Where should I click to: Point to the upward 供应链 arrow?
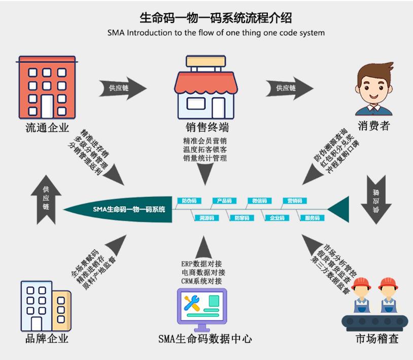(x=46, y=199)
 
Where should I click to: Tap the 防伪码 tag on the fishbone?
(x=189, y=201)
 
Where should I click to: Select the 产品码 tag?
(x=224, y=201)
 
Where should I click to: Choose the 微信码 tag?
(x=259, y=201)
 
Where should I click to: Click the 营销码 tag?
(x=295, y=201)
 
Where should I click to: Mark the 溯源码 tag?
(x=206, y=218)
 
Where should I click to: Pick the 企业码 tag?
(x=277, y=218)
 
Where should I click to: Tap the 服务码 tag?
(x=312, y=218)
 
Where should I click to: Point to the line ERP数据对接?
(x=201, y=264)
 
